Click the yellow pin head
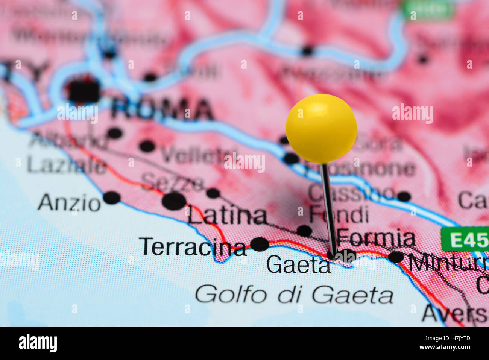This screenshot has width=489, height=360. click(321, 129)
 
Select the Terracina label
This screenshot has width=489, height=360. click(193, 247)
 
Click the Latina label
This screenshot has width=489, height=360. click(228, 216)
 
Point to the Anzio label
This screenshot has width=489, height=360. click(69, 203)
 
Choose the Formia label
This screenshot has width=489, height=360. click(376, 238)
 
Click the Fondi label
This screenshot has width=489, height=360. click(339, 214)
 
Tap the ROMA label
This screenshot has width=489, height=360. click(162, 109)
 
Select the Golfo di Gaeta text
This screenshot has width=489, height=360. click(294, 294)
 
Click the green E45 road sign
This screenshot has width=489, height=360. click(465, 239)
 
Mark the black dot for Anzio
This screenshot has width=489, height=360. click(112, 197)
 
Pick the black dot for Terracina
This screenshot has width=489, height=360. click(260, 244)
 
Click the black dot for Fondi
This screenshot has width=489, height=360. click(304, 231)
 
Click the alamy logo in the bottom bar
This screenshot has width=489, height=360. click(38, 343)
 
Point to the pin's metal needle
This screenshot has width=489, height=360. click(328, 207)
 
